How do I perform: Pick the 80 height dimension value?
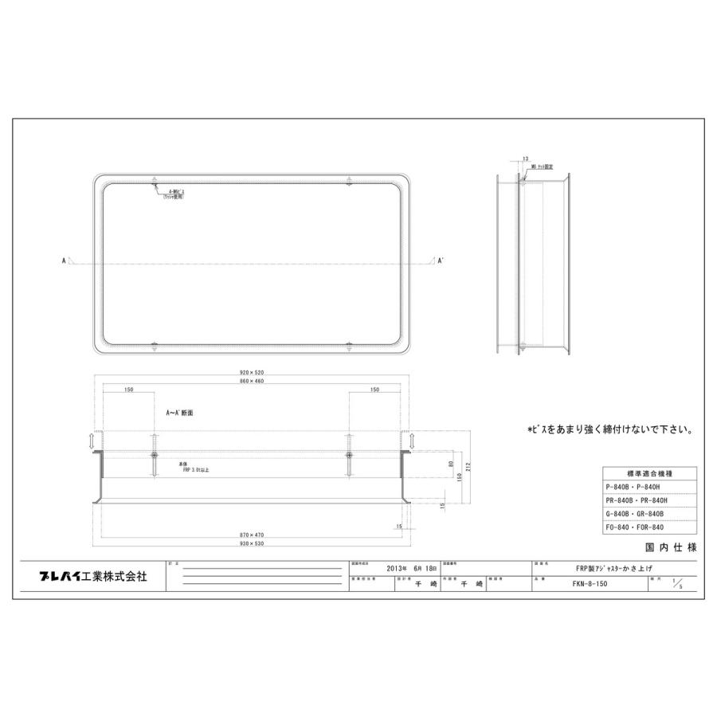click(451, 464)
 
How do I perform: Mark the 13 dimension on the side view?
click(526, 160)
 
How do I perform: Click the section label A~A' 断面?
click(180, 414)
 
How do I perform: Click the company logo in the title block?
click(93, 577)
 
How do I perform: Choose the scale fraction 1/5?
click(677, 584)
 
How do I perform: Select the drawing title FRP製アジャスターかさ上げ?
click(590, 569)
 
